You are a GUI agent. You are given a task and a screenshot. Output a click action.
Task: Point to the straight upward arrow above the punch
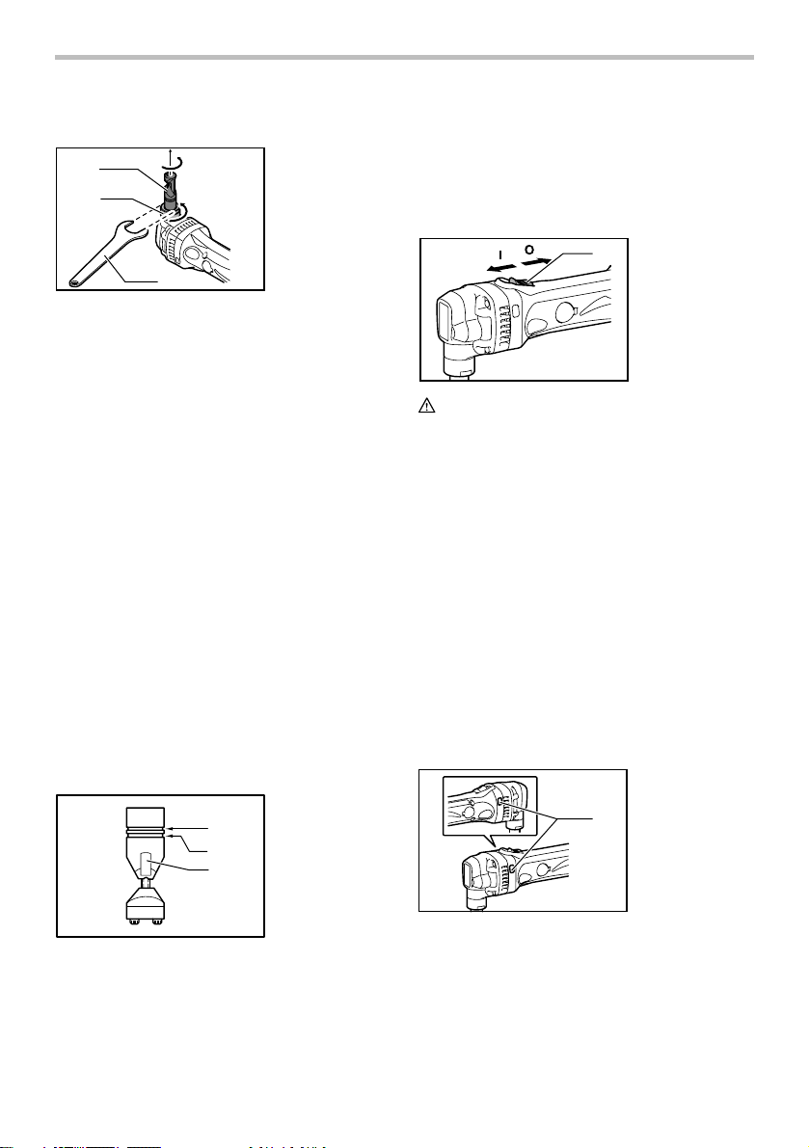[170, 156]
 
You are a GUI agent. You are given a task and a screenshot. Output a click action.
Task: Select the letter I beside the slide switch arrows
[500, 255]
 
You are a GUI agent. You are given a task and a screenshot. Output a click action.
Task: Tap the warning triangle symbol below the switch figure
[426, 407]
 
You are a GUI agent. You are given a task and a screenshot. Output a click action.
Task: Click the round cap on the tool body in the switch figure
[566, 312]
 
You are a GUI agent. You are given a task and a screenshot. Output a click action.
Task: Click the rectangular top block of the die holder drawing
[146, 816]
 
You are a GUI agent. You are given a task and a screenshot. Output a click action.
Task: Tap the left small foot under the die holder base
[135, 921]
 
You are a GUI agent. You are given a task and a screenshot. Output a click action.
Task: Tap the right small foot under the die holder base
[156, 921]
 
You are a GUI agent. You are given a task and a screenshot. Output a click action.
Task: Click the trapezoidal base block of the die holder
[146, 905]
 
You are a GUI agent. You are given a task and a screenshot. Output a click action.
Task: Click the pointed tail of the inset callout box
[497, 841]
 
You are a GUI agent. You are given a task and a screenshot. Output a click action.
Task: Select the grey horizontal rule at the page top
[404, 57]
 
